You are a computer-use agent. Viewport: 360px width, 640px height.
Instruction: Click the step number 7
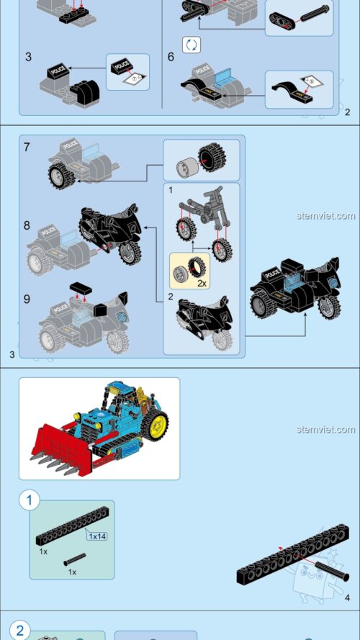point(27,147)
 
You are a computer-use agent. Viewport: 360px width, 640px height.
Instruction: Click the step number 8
point(27,225)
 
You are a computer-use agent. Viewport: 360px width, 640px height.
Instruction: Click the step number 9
point(27,299)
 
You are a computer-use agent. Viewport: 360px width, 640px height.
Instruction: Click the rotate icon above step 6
point(191,44)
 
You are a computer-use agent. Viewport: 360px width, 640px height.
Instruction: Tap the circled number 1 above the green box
point(30,499)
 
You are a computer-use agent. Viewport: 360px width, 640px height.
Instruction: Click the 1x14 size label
point(96,536)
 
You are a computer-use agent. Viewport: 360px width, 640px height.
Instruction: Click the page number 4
point(347,598)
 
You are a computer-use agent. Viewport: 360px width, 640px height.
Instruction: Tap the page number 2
point(347,112)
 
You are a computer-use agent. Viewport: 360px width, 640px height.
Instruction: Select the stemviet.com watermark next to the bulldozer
point(325,430)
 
